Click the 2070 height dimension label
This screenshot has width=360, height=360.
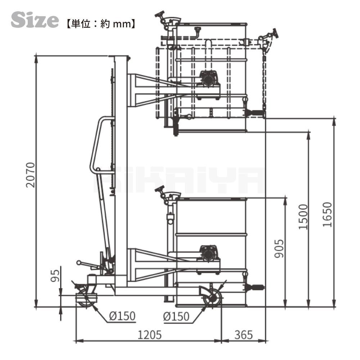coord(30,175)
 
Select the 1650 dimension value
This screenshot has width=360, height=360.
coord(327,215)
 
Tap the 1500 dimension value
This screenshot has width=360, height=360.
coord(303,217)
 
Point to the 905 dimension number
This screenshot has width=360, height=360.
coord(279,249)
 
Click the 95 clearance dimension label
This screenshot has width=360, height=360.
coord(55,275)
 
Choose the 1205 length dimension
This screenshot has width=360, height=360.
coord(149,335)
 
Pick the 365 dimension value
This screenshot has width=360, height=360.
coord(243,335)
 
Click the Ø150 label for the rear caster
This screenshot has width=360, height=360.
coord(122,316)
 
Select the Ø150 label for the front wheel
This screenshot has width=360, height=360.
coord(176,316)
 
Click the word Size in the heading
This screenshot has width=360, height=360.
coord(35,20)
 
